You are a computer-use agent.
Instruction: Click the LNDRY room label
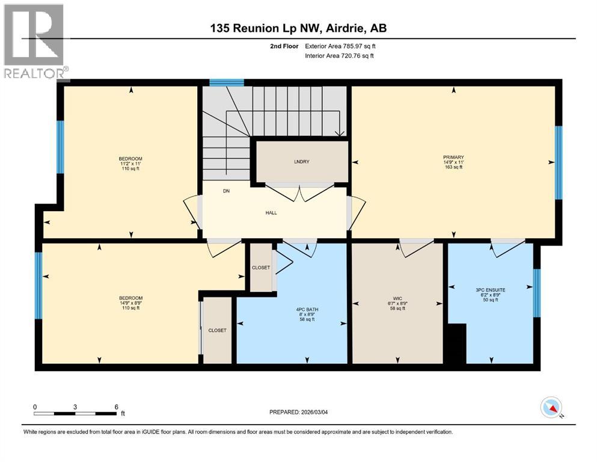coord(302,162)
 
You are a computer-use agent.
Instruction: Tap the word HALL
coord(271,212)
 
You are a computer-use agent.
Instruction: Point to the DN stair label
coord(226,191)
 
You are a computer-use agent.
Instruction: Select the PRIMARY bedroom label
coord(453,158)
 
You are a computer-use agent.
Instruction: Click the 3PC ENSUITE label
coord(491,290)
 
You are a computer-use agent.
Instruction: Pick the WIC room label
coord(398,298)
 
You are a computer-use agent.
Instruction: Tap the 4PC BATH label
coord(307,309)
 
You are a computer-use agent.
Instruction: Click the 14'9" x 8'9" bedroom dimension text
coord(130,303)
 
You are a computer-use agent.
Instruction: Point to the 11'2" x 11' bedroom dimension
coord(130,164)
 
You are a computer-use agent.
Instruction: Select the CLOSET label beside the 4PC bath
coord(261,268)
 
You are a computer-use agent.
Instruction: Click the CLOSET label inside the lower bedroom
coord(217,330)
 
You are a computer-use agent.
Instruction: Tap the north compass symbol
coord(551,408)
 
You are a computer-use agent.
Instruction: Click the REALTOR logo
coord(34,42)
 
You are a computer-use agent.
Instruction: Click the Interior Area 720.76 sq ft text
coord(339,56)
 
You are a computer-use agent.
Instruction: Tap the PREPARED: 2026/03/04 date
coord(298,412)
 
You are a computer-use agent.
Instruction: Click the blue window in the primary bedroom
coord(558,162)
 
